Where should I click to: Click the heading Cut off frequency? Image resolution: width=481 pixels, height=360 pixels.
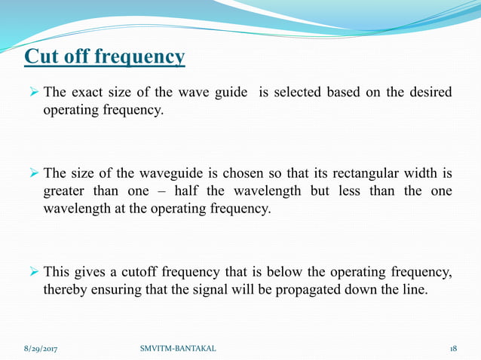[105, 57]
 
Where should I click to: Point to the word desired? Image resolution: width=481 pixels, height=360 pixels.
[430, 93]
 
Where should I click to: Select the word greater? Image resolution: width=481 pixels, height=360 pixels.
[63, 191]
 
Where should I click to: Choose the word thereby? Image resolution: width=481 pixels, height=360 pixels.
[66, 288]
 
